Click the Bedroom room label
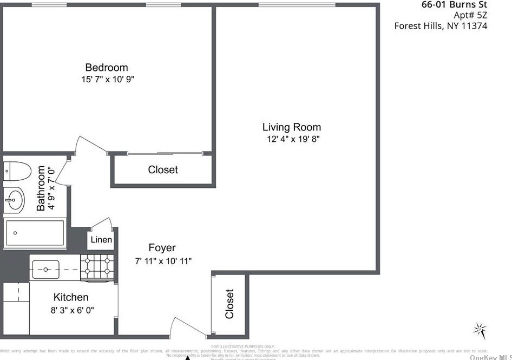click(x=107, y=68)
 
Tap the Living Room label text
click(x=291, y=127)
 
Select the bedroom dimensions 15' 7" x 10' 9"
click(x=107, y=80)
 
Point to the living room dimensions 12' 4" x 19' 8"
click(x=291, y=139)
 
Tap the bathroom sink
click(x=14, y=200)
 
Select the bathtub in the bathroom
click(x=35, y=233)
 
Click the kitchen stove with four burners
click(x=97, y=266)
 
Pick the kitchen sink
click(x=45, y=267)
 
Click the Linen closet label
click(x=101, y=240)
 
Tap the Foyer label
click(x=162, y=248)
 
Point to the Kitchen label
click(x=71, y=297)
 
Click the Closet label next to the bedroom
click(x=163, y=170)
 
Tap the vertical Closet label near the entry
click(x=229, y=304)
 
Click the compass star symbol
click(x=480, y=329)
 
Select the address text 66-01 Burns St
click(x=454, y=5)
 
